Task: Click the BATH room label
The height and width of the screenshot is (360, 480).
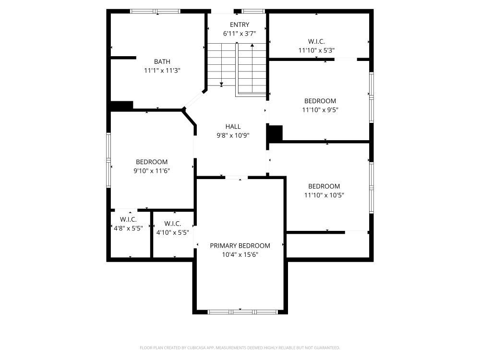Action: [x=162, y=61]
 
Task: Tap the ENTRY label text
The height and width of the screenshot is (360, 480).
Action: [x=240, y=25]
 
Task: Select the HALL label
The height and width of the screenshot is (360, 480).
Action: [x=233, y=126]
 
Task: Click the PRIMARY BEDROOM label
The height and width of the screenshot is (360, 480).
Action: [x=240, y=245]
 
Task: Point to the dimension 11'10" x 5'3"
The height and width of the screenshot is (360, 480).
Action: [x=316, y=50]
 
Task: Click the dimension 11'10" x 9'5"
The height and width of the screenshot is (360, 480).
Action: [x=320, y=109]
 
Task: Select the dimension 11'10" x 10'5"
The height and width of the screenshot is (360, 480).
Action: [x=324, y=195]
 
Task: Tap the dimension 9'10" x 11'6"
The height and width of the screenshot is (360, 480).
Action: [x=152, y=171]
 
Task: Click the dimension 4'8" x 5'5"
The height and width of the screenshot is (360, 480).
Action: [x=128, y=228]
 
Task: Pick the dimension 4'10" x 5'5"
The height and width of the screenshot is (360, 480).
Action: [x=173, y=232]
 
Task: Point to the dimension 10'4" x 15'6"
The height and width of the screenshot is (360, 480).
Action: [x=240, y=254]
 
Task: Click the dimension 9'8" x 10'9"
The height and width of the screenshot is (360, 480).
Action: [x=233, y=135]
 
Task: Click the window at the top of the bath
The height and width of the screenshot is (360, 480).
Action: [x=155, y=12]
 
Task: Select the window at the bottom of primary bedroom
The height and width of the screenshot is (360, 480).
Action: [x=242, y=312]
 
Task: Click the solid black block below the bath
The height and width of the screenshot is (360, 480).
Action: [x=121, y=106]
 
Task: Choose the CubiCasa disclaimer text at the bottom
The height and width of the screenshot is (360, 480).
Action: [x=240, y=348]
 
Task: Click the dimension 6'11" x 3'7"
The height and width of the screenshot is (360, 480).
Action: [x=240, y=34]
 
